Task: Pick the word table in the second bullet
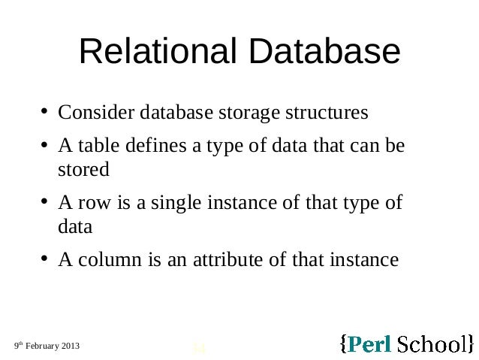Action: [92, 146]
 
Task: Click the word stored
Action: [83, 169]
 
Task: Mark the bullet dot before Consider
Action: [45, 114]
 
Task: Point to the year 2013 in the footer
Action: [69, 346]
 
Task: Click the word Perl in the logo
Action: [369, 344]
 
